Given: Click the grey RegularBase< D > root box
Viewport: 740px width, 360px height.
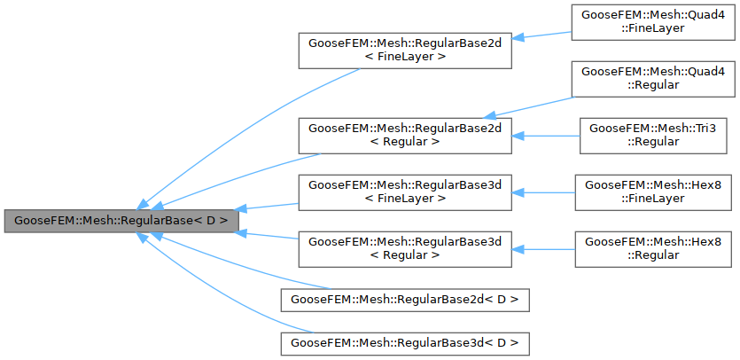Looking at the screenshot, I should tap(121, 220).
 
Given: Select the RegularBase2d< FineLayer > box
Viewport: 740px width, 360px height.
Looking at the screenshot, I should tap(405, 50).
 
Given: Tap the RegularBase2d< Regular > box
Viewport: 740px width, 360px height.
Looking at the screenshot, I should tap(405, 135).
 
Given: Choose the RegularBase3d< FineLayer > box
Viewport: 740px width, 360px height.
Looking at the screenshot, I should tap(405, 192).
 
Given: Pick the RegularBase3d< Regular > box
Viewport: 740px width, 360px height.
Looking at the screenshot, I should tap(405, 248).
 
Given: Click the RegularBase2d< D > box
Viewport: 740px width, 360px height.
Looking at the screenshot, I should tap(405, 299).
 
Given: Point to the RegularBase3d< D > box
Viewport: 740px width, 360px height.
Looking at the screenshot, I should tap(405, 342).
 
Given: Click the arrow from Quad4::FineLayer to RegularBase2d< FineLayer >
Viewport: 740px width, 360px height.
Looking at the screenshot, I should tap(542, 35).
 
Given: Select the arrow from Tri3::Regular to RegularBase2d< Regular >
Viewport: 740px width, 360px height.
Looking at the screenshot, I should tap(546, 135).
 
